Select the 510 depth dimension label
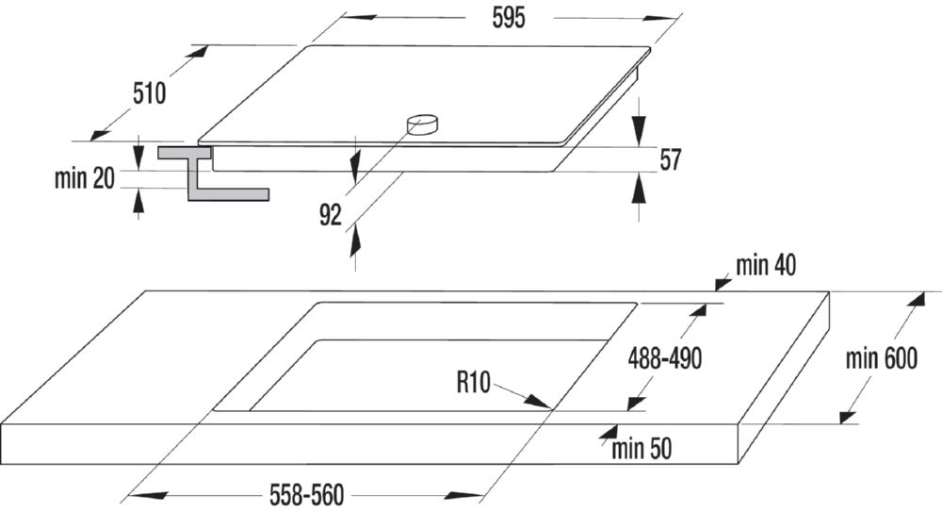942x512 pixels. click(149, 93)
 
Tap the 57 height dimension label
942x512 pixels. click(670, 160)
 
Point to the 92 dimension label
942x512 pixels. click(330, 216)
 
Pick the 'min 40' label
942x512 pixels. click(766, 267)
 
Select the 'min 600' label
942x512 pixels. click(881, 359)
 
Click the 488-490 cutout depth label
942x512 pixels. click(665, 358)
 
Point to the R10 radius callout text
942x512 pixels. click(475, 382)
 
